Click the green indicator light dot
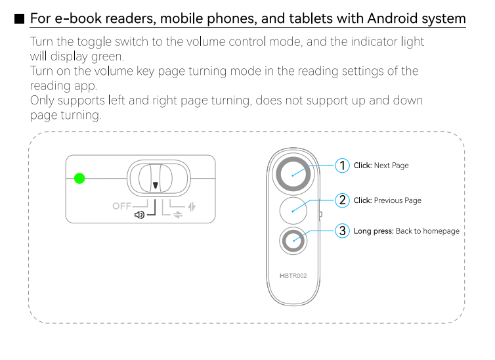[x=79, y=179]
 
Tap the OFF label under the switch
[x=121, y=206]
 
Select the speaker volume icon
[x=139, y=215]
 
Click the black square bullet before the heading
[x=19, y=19]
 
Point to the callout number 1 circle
[x=342, y=166]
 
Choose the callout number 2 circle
[x=342, y=200]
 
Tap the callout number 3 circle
[x=342, y=231]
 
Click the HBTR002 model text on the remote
[x=293, y=276]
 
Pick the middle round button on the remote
[x=293, y=211]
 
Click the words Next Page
[x=391, y=166]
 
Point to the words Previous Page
[x=397, y=200]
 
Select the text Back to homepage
[x=427, y=231]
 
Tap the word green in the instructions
[x=107, y=57]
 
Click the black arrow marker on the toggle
[x=156, y=185]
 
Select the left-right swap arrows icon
[x=178, y=215]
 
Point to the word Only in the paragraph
[x=42, y=101]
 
